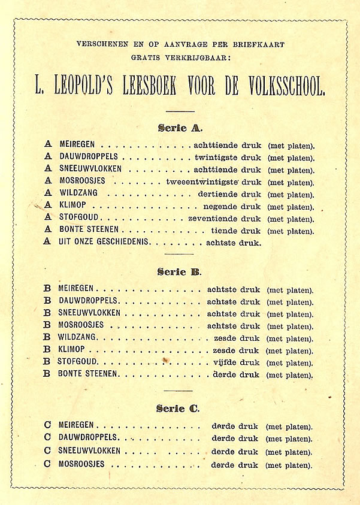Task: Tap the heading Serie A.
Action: pos(180,128)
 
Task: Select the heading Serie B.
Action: pos(180,271)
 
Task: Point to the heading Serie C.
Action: pos(180,409)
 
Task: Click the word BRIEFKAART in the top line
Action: pos(262,44)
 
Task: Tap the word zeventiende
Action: pos(213,219)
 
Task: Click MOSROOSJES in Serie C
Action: pos(81,464)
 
